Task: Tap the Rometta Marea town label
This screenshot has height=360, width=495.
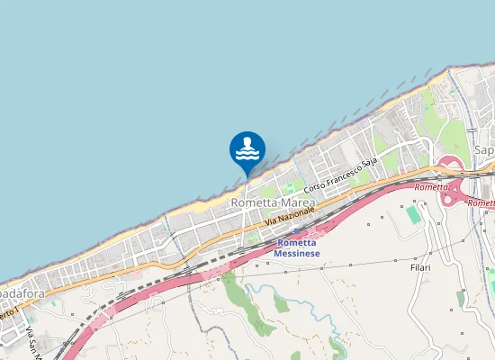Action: (x=273, y=203)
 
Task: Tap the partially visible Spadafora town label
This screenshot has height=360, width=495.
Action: (x=17, y=294)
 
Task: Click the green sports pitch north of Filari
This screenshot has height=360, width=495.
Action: (x=413, y=215)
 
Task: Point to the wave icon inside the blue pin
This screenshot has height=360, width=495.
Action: (x=247, y=155)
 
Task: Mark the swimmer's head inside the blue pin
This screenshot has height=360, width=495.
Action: (x=247, y=141)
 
